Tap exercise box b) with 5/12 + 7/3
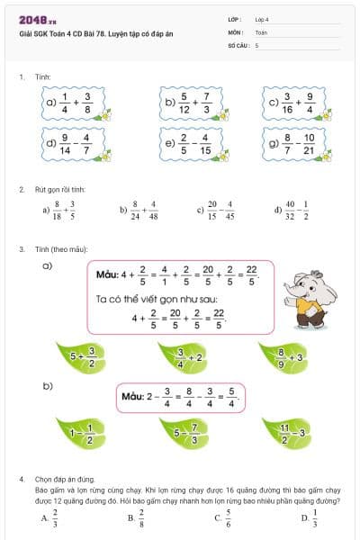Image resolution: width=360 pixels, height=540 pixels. point(192,103)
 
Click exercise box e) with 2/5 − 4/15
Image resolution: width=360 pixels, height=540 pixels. point(192,142)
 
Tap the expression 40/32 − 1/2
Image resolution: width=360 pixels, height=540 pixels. point(299,210)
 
